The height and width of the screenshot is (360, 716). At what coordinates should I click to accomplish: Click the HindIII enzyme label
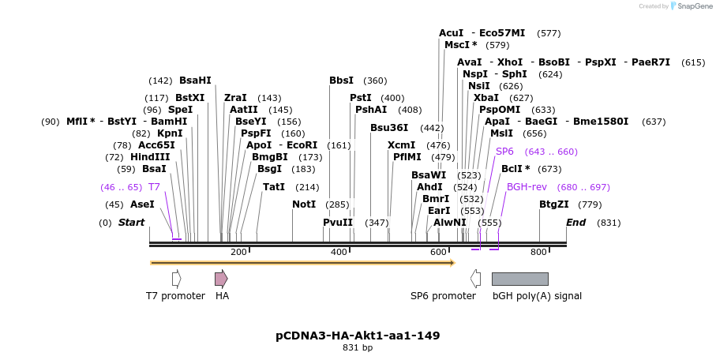coord(150,157)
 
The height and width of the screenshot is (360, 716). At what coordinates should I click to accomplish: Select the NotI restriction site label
coord(304,204)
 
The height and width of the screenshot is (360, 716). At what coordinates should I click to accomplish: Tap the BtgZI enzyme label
coord(554,204)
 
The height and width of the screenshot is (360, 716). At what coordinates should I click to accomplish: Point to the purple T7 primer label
coord(154,187)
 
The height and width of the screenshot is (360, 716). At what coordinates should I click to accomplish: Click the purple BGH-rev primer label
coord(527,187)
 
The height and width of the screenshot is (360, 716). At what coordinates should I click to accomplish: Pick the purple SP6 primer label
coord(504,152)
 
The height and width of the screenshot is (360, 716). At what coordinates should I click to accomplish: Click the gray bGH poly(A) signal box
coord(519,279)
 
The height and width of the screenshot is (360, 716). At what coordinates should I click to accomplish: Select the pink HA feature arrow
coord(221,279)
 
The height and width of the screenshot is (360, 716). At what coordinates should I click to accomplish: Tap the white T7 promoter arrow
coord(177,279)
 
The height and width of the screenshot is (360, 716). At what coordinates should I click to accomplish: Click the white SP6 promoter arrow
coord(475,279)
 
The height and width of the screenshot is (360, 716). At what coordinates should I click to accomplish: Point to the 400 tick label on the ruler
coord(339,252)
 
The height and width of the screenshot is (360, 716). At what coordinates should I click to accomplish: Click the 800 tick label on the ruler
coord(538,252)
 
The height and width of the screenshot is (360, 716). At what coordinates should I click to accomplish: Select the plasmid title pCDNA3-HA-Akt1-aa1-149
coord(358,336)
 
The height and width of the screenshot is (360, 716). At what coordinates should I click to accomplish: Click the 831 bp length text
coord(358,347)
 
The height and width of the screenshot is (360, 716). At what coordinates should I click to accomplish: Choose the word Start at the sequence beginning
coord(132,223)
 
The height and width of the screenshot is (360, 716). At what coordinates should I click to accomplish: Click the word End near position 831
coord(575,223)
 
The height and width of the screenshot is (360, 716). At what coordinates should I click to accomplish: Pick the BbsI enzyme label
coord(342,81)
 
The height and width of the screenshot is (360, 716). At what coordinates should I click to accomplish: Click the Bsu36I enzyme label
coord(389,128)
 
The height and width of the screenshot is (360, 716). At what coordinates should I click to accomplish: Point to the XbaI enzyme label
coord(485,98)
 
